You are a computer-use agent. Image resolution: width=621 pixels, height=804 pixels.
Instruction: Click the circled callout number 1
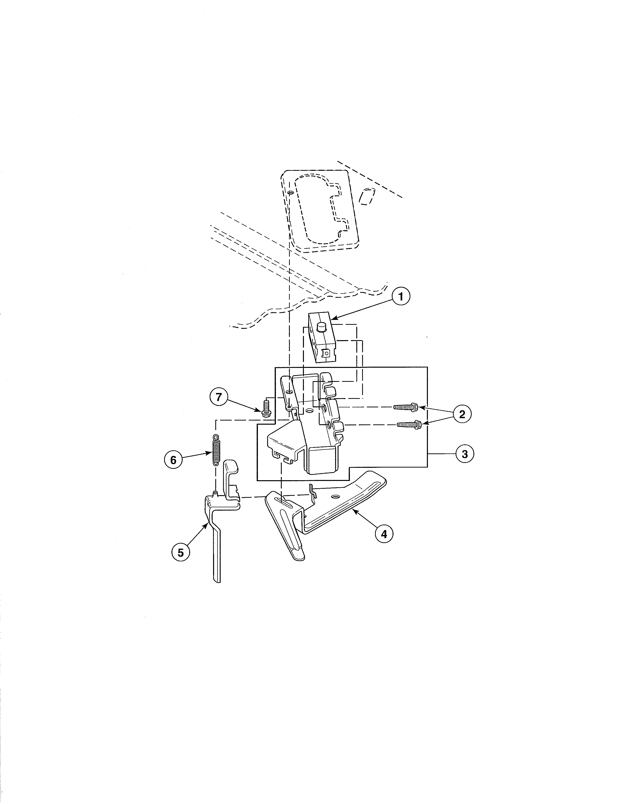(x=400, y=297)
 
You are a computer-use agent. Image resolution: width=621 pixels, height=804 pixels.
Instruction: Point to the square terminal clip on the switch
(x=325, y=353)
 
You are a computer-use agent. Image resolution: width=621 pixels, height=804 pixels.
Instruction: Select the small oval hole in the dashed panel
(x=291, y=193)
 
